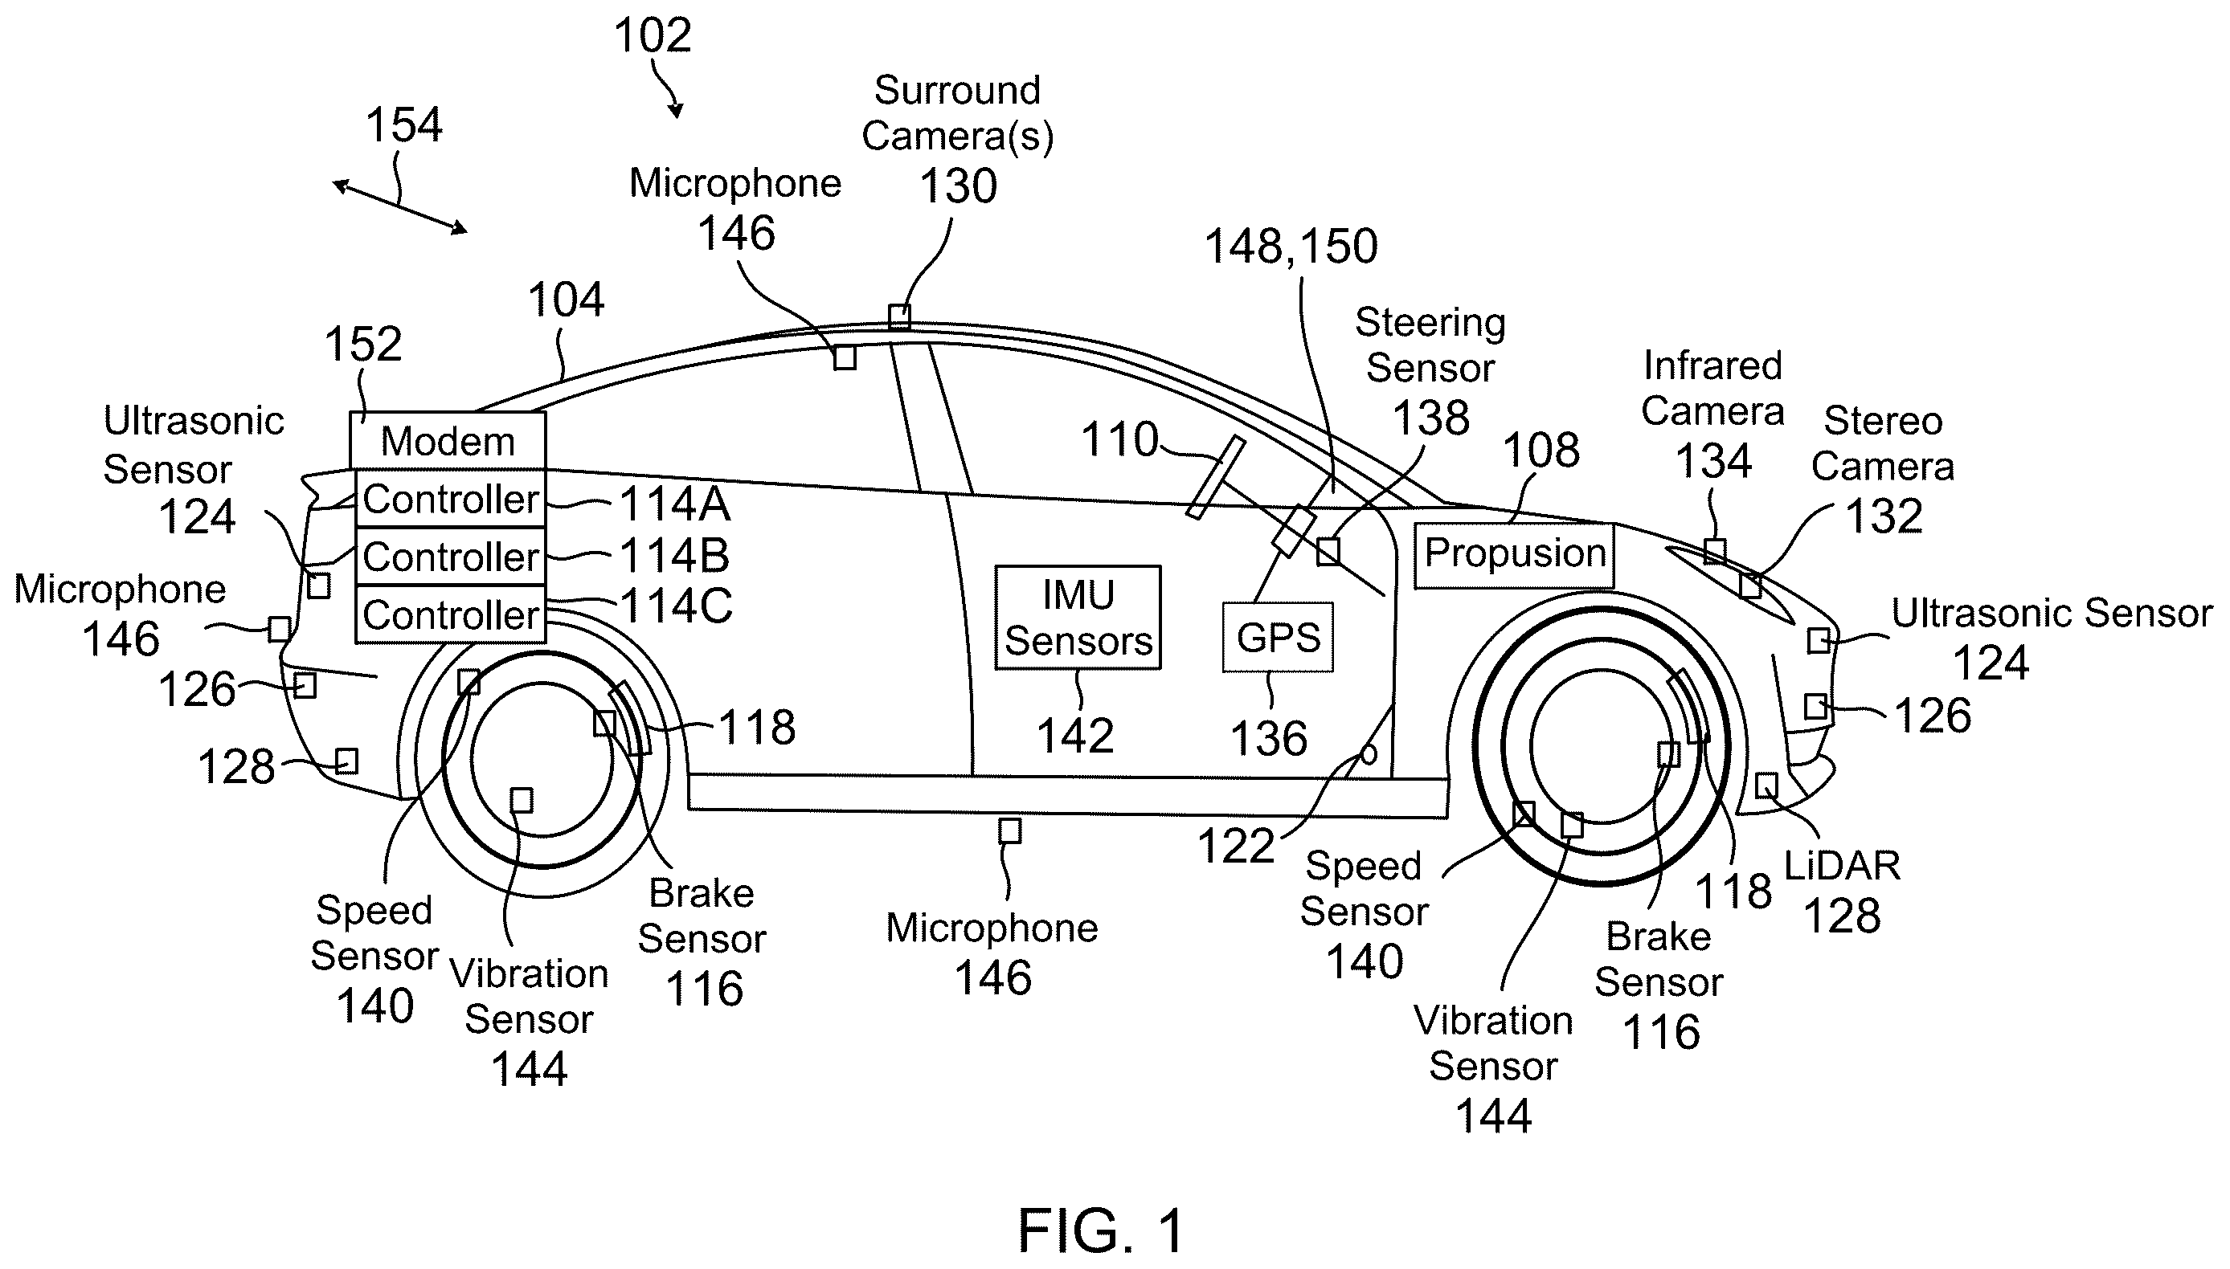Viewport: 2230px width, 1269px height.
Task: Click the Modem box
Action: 448,441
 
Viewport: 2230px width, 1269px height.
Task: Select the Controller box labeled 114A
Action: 451,499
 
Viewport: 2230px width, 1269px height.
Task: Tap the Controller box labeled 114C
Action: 451,614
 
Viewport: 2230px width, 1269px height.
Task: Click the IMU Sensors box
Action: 1078,617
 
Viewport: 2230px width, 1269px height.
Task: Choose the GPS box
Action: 1278,637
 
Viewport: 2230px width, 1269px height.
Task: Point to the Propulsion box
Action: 1514,555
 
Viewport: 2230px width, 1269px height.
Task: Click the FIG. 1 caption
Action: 1101,1230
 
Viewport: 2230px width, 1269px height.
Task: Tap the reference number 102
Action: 653,35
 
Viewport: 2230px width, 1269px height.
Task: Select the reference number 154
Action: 403,124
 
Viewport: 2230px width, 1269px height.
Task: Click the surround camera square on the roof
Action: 900,316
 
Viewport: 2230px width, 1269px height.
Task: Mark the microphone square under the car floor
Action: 1009,830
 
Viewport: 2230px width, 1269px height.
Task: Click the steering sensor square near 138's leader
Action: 1328,551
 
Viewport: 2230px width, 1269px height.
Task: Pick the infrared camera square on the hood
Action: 1715,552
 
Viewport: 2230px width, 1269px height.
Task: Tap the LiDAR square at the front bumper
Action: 1766,785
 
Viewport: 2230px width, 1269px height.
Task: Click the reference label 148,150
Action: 1291,247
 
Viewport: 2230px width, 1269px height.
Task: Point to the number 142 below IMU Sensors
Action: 1075,736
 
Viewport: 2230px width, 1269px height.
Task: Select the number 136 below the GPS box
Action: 1268,739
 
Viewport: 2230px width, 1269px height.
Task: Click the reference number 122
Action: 1235,846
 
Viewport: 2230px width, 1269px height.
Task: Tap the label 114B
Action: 675,556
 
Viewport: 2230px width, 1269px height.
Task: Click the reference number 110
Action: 1119,439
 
